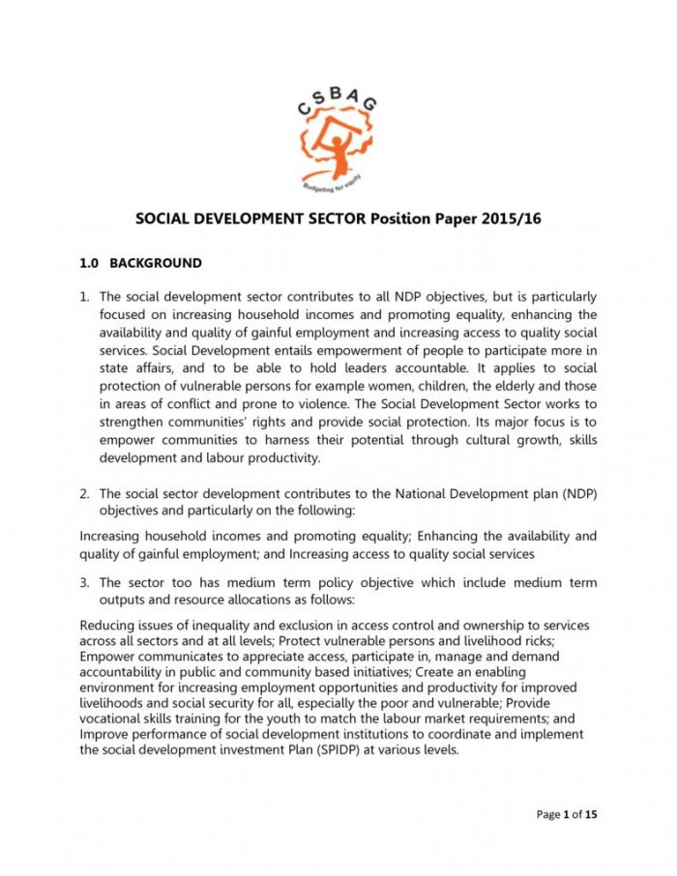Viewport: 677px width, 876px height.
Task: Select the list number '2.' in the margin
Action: (85, 493)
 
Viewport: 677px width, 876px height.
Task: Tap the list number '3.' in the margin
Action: (85, 583)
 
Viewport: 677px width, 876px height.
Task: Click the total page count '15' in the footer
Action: (591, 815)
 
